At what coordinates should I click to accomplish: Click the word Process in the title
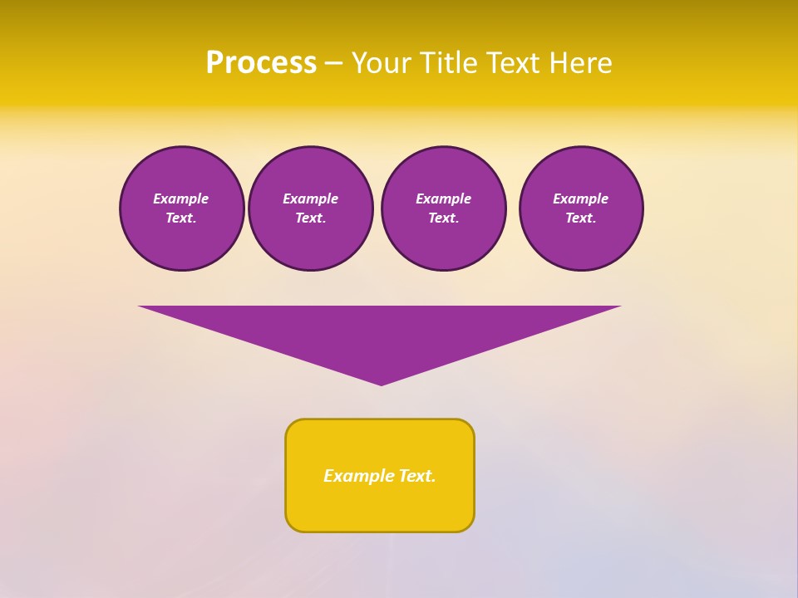[261, 63]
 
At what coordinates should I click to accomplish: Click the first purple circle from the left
[181, 208]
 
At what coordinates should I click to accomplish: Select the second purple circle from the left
[310, 208]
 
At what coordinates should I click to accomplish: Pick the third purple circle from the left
[443, 208]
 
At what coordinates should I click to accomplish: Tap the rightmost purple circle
[580, 208]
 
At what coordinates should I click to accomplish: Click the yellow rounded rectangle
[380, 475]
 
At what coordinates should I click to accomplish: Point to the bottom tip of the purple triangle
[382, 384]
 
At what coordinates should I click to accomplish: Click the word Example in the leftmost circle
[181, 199]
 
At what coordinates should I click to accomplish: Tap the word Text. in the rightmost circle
[580, 218]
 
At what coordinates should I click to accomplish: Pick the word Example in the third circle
[443, 199]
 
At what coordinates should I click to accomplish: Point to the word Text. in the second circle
[310, 218]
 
